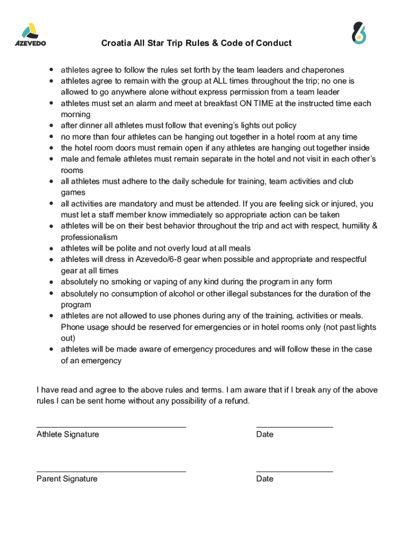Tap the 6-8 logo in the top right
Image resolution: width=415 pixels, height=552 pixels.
coord(359,33)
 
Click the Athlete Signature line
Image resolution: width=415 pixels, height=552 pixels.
coord(111,426)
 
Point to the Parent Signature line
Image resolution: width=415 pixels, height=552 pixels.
coord(111,471)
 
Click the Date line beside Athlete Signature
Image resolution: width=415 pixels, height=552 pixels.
coord(294,426)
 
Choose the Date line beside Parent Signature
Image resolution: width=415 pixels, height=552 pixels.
coord(294,471)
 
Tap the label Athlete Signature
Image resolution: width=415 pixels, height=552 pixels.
coord(68,434)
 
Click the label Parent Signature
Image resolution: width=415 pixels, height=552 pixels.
coord(67,479)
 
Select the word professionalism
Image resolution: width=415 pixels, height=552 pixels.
coord(89,237)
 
